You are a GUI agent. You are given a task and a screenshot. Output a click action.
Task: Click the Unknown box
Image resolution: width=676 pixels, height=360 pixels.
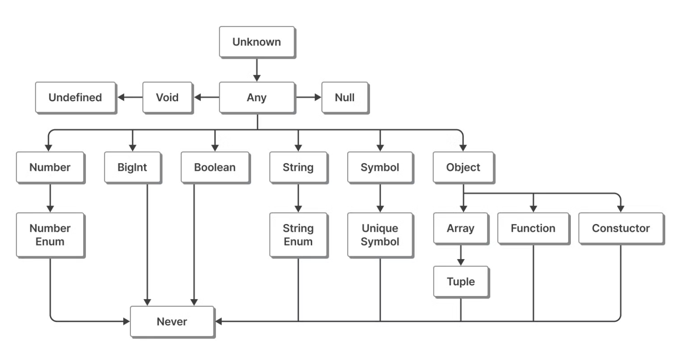257,42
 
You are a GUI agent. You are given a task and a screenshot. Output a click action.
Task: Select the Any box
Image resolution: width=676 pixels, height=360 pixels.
257,97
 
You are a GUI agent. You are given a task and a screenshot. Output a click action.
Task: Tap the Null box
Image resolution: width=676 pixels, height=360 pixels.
345,97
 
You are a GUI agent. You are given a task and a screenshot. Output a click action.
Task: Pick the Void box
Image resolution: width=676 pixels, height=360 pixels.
168,97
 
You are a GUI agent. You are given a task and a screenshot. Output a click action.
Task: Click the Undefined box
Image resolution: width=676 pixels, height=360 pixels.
76,97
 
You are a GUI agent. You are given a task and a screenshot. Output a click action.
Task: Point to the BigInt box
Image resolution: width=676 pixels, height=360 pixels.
133,167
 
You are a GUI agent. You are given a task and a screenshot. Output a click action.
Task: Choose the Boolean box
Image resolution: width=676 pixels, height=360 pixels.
215,167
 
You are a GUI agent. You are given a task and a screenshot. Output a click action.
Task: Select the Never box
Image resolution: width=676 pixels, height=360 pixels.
172,322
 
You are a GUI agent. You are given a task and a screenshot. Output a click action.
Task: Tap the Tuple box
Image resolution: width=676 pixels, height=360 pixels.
461,282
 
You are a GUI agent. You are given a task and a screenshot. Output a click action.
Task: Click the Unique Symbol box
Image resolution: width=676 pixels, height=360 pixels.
380,235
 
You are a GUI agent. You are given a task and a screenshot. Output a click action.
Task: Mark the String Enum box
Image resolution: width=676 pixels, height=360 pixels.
299,235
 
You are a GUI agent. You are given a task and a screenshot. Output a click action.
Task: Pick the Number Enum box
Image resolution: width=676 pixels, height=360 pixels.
50,235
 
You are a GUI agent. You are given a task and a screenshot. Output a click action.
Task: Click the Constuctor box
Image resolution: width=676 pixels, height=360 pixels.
621,228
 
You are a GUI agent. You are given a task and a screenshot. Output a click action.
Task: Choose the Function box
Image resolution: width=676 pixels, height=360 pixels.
534,228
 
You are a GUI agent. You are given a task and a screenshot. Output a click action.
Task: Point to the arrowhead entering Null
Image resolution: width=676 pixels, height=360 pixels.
318,97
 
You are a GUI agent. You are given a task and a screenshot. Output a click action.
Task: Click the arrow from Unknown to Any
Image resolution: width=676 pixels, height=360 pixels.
257,70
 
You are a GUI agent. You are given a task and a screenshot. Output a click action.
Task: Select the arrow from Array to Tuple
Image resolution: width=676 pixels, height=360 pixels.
461,255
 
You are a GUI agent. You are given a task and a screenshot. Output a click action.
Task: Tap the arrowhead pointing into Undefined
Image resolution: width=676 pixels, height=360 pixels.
121,97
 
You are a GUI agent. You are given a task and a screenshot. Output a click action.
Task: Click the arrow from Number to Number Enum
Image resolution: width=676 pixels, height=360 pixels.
50,198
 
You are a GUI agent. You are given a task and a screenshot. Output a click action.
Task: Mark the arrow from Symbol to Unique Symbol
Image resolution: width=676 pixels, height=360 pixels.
380,198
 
